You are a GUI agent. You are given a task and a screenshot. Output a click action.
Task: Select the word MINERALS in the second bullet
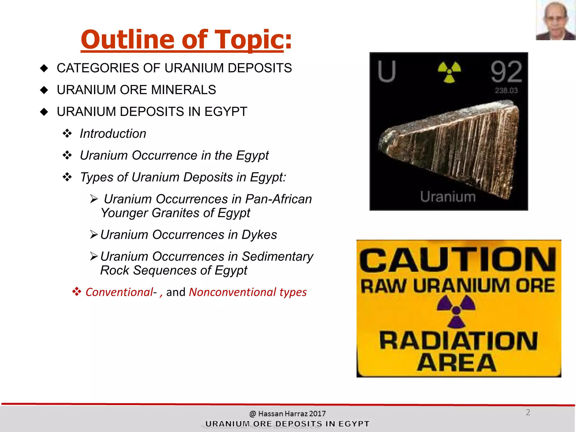coord(184,90)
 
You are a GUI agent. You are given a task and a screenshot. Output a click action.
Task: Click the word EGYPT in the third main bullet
coord(226,112)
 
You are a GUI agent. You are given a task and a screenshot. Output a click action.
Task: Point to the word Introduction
coord(113,134)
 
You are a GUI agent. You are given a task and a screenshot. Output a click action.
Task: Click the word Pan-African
coord(278,199)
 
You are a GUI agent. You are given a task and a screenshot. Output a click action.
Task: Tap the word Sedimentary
coord(277,256)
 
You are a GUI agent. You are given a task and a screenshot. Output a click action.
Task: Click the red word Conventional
coord(119,292)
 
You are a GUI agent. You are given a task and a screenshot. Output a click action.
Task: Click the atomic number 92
coord(506,72)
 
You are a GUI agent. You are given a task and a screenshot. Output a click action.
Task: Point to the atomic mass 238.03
coord(506,91)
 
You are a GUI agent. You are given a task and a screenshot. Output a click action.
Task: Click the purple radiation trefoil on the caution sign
coord(456,311)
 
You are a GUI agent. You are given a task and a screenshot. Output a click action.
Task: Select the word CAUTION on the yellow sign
coord(458,260)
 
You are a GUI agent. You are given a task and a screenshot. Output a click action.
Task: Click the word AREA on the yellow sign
coord(457,363)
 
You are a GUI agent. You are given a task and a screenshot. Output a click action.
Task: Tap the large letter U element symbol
coord(387,71)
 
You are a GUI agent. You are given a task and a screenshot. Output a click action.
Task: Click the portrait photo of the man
coord(555,20)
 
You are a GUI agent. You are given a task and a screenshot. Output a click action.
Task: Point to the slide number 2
coord(528,412)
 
